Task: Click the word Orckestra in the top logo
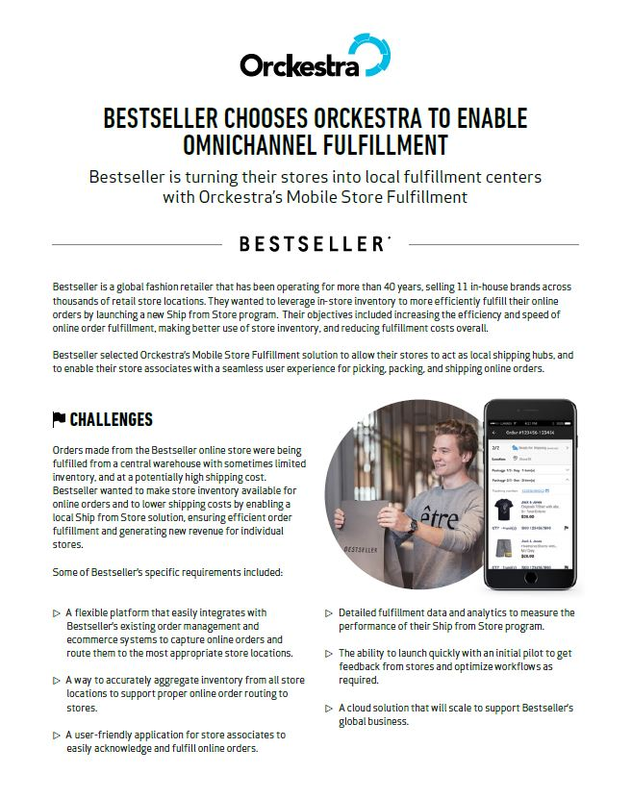pos(299,65)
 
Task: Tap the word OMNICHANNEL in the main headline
pos(247,145)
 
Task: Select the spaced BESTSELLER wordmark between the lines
pos(314,244)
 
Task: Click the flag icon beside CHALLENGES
pos(59,419)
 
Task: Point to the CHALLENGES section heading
pos(111,419)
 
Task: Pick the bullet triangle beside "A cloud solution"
pos(329,709)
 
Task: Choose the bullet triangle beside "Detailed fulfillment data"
pos(329,612)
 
